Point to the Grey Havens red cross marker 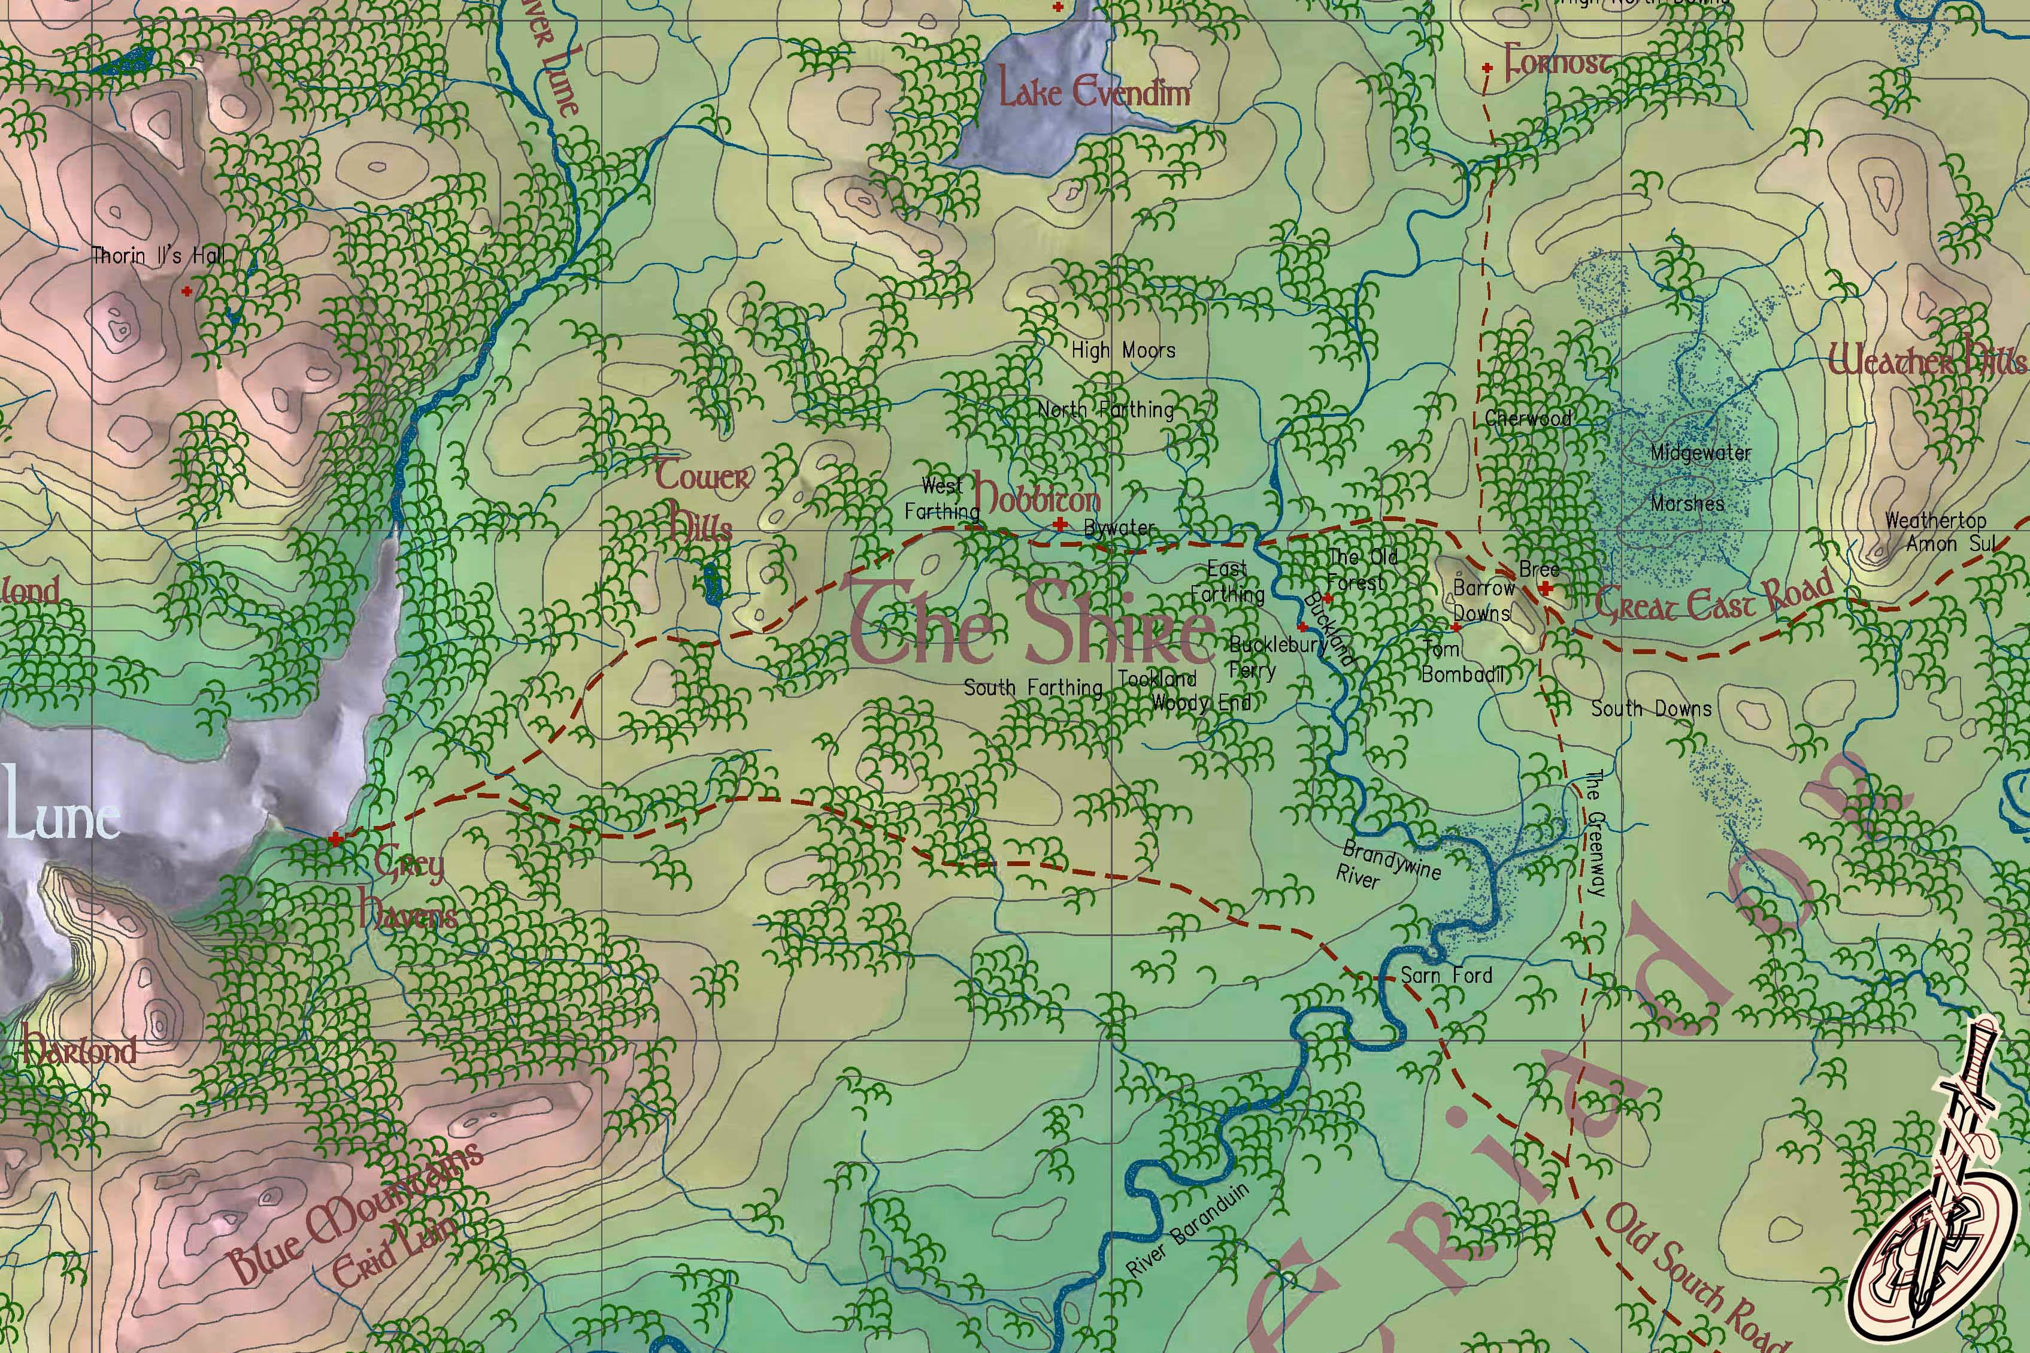pos(335,839)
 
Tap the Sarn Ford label pos(1446,975)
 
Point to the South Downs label pos(1650,709)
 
